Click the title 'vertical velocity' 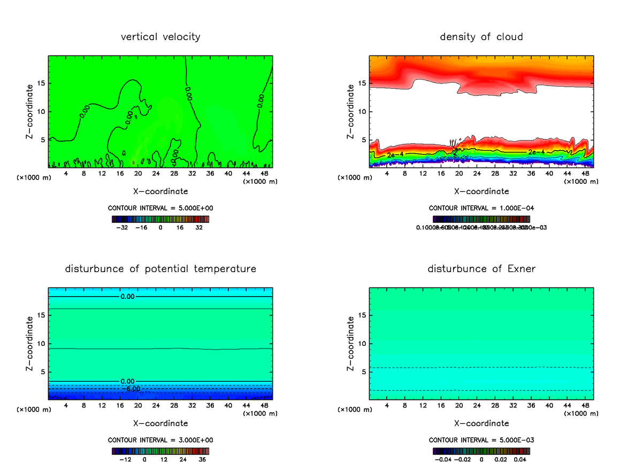[160, 37]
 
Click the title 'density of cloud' [481, 37]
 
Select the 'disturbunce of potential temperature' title [160, 268]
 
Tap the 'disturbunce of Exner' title [481, 268]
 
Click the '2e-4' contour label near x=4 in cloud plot [395, 155]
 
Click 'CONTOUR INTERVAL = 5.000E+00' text [160, 208]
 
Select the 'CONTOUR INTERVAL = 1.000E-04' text [481, 208]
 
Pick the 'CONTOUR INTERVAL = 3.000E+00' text [160, 440]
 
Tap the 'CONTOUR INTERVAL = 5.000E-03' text [481, 440]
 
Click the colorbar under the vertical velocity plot [160, 219]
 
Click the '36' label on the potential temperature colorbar [202, 459]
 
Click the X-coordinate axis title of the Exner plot [481, 423]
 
